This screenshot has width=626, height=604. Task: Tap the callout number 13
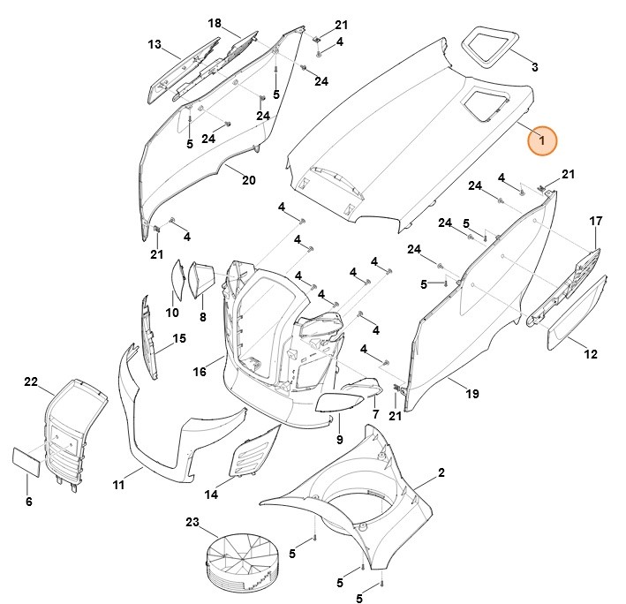pyautogui.click(x=155, y=44)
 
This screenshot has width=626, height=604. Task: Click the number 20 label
pyautogui.click(x=248, y=180)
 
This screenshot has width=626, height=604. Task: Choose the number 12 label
pyautogui.click(x=590, y=354)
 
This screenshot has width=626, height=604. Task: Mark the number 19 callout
pyautogui.click(x=472, y=393)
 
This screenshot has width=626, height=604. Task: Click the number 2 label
pyautogui.click(x=441, y=473)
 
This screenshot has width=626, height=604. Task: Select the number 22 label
pyautogui.click(x=31, y=382)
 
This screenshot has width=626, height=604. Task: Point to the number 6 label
pyautogui.click(x=28, y=502)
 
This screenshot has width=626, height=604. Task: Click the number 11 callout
pyautogui.click(x=118, y=485)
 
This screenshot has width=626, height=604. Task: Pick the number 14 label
pyautogui.click(x=211, y=494)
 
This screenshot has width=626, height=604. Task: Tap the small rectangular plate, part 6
pyautogui.click(x=25, y=461)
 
